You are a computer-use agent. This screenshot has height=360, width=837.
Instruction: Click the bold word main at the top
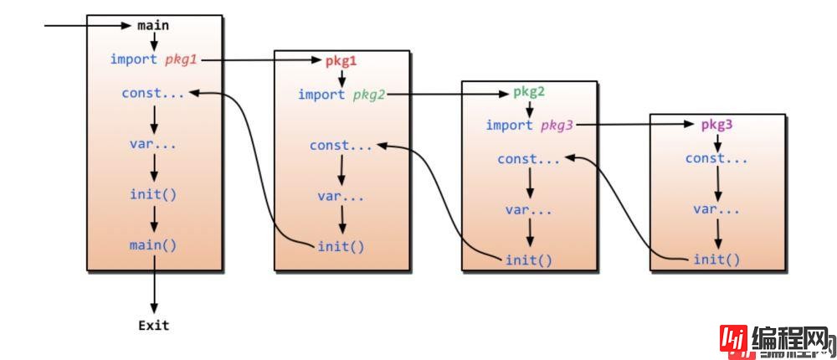[x=153, y=25]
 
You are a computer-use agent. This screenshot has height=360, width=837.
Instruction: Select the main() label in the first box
[x=153, y=245]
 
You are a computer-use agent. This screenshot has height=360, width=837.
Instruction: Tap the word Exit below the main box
[x=153, y=325]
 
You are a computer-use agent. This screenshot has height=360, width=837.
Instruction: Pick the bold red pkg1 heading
[x=341, y=61]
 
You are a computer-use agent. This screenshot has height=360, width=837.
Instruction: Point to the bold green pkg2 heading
[x=529, y=92]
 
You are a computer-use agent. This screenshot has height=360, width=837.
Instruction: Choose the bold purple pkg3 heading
[x=716, y=125]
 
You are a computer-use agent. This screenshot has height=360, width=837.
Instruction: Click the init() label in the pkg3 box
[x=716, y=260]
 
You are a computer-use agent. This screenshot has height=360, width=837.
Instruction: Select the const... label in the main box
[x=153, y=93]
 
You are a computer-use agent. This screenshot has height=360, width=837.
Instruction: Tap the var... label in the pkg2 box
[x=529, y=209]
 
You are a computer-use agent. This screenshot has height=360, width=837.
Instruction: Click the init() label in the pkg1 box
[x=341, y=246]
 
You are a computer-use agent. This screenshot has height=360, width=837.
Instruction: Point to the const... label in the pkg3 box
[x=716, y=158]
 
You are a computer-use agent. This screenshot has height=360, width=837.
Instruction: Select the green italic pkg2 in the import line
[x=369, y=95]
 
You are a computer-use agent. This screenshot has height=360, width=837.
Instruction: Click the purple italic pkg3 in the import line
[x=557, y=126]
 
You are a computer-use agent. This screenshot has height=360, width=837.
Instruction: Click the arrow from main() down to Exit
[x=154, y=285]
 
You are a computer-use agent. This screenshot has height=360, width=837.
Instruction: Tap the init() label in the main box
[x=153, y=194]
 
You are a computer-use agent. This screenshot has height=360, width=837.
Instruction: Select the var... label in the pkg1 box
[x=341, y=197]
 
